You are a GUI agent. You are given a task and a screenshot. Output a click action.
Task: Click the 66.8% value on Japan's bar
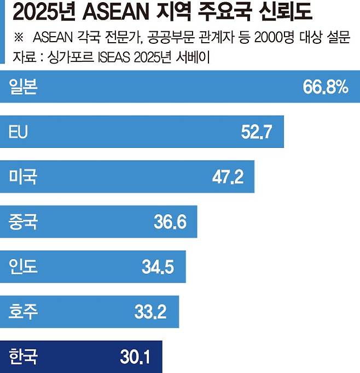click(325, 87)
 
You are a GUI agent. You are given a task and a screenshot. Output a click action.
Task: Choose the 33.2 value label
click(150, 312)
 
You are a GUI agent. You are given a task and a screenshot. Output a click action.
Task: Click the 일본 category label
click(23, 87)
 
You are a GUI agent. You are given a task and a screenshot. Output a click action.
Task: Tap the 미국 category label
click(23, 177)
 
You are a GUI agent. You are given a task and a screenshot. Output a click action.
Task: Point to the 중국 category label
click(23, 222)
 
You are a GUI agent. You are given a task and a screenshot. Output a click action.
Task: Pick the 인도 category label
click(23, 267)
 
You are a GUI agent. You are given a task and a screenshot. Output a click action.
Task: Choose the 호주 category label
click(23, 312)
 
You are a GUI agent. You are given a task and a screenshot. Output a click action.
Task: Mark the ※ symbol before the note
click(18, 37)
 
